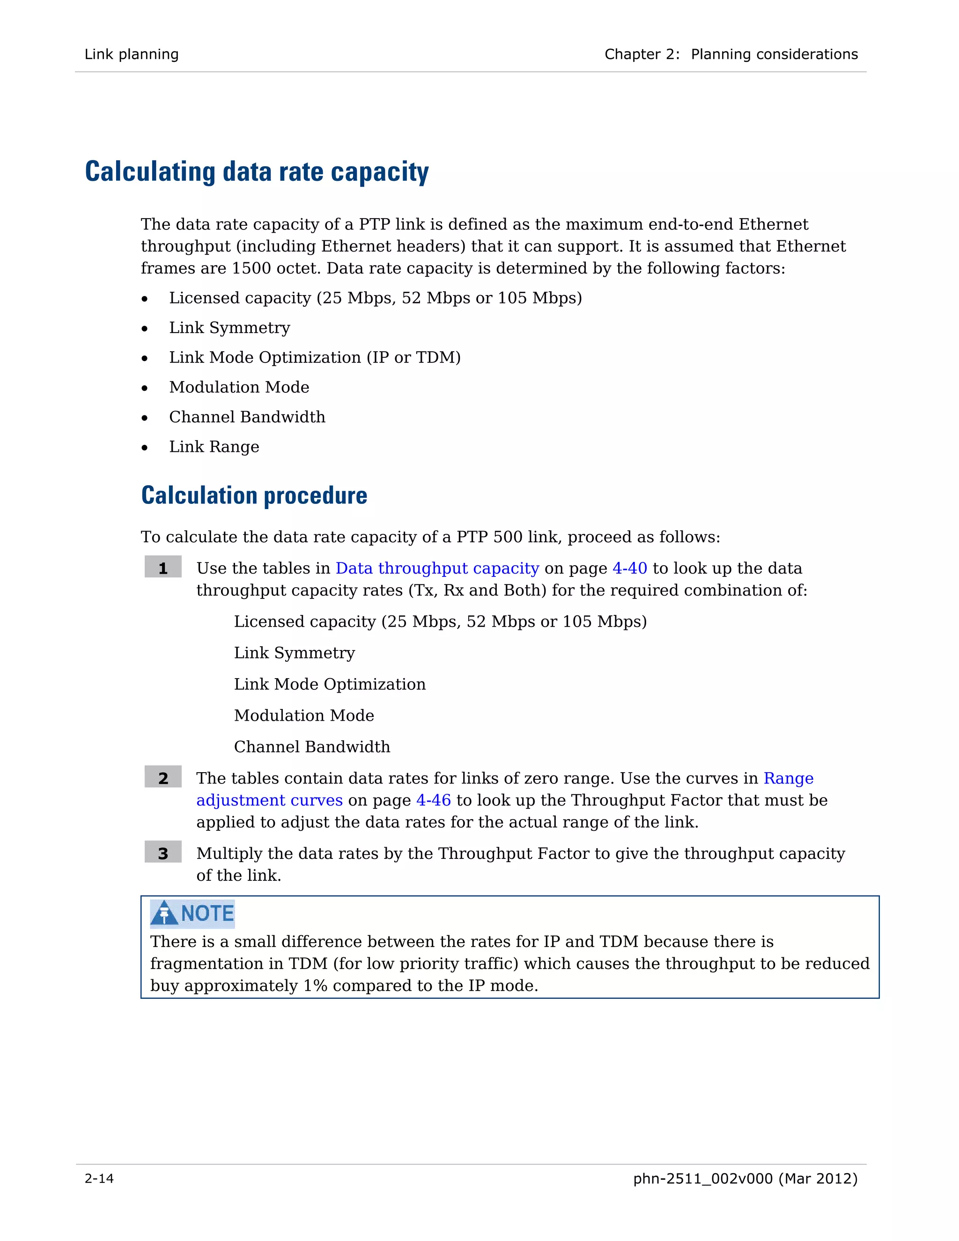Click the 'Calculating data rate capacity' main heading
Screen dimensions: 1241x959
click(257, 171)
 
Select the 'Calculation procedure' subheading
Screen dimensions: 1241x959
click(254, 495)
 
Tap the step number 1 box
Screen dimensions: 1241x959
click(163, 568)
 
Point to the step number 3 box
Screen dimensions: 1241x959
click(163, 853)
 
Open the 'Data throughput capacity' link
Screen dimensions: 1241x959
click(437, 568)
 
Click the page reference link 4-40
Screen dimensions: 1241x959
click(629, 568)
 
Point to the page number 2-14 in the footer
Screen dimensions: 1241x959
click(99, 1179)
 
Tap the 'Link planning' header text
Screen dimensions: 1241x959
click(132, 54)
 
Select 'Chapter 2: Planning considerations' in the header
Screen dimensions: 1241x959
click(731, 54)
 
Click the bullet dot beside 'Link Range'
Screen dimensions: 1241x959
click(145, 448)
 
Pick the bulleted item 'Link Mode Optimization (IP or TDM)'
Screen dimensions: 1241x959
click(315, 357)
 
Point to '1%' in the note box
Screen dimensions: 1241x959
click(315, 985)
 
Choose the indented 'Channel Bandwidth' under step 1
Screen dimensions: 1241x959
click(312, 746)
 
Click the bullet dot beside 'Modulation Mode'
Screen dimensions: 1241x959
click(145, 388)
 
